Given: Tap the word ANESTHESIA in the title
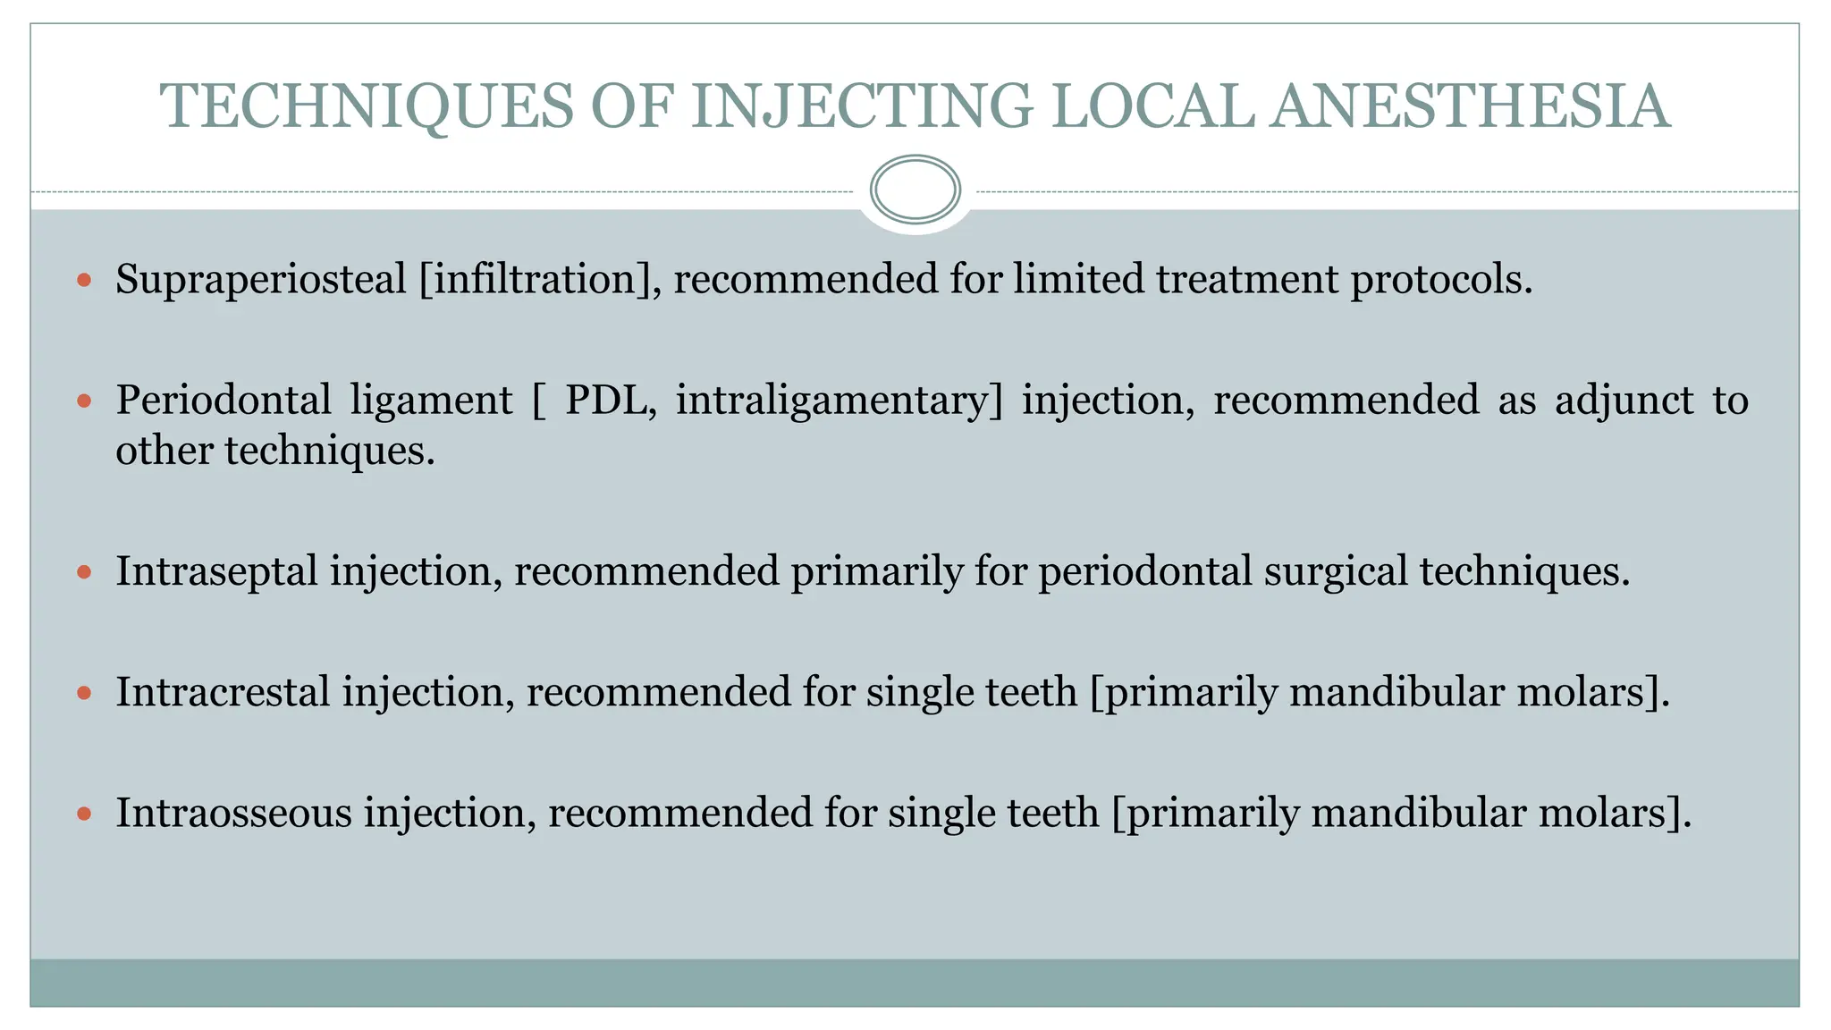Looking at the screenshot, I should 1471,106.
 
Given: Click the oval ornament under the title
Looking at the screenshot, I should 915,190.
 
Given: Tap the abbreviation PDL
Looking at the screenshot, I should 611,400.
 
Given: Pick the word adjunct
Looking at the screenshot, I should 1624,400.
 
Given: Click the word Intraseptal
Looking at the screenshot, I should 216,571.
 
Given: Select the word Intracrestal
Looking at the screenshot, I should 223,692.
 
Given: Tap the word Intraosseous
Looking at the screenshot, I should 233,813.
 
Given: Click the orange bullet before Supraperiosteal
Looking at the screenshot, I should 84,281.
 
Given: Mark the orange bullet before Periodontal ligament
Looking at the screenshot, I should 84,401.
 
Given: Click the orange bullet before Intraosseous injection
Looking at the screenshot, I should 84,814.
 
